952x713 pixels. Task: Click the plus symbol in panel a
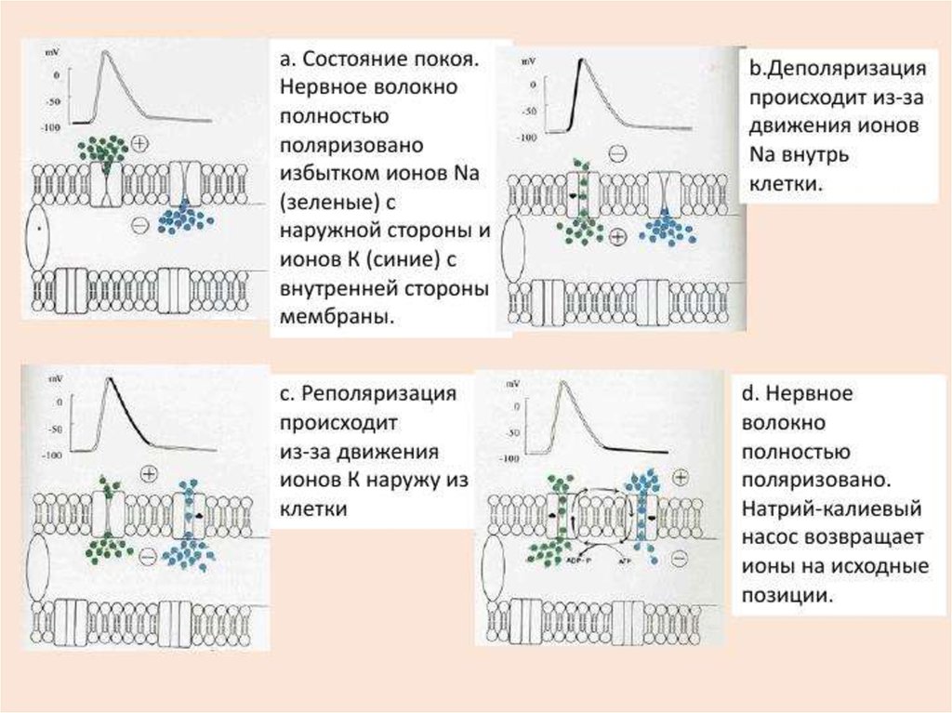pos(139,143)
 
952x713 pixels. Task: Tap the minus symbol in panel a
pos(139,224)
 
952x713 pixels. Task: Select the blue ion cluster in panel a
pos(185,218)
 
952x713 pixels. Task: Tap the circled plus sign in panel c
pos(149,474)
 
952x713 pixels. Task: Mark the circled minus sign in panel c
pos(148,556)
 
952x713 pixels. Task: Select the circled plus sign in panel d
pos(680,477)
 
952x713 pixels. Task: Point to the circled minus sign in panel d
pos(680,558)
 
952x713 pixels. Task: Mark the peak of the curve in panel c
pos(111,378)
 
